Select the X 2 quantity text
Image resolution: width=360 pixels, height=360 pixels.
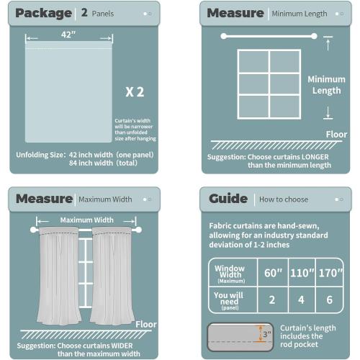click(x=135, y=91)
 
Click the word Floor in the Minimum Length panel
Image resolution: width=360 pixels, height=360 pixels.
click(x=336, y=134)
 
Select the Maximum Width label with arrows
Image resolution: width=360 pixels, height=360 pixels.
click(x=86, y=220)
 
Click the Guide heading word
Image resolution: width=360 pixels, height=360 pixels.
click(x=228, y=199)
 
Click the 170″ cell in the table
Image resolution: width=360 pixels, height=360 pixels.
click(x=330, y=273)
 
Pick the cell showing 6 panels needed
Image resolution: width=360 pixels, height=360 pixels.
click(x=330, y=299)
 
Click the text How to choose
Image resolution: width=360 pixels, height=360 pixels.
click(x=284, y=199)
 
